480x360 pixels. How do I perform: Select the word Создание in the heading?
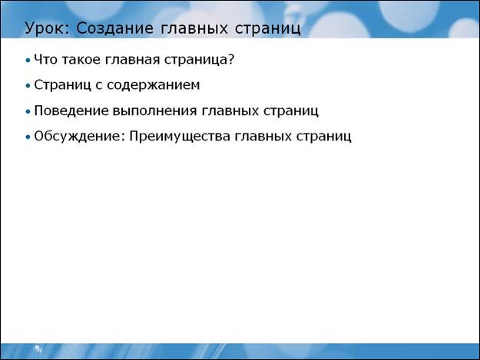pyautogui.click(x=114, y=28)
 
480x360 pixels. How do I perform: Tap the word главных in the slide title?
pyautogui.click(x=194, y=28)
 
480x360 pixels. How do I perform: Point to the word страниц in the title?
pyautogui.click(x=268, y=29)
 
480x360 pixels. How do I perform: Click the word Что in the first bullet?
pyautogui.click(x=45, y=59)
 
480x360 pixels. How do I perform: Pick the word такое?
pyautogui.click(x=81, y=60)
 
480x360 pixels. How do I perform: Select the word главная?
pyautogui.click(x=132, y=60)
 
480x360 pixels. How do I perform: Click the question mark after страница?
pyautogui.click(x=231, y=59)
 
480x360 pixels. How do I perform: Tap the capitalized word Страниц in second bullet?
pyautogui.click(x=62, y=85)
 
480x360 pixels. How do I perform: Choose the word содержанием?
pyautogui.click(x=154, y=85)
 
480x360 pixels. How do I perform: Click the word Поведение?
pyautogui.click(x=71, y=111)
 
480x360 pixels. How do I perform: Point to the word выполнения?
pyautogui.click(x=154, y=111)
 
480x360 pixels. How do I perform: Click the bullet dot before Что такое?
pyautogui.click(x=28, y=61)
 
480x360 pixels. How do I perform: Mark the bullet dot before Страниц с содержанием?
pyautogui.click(x=28, y=86)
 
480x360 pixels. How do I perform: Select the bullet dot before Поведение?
pyautogui.click(x=28, y=112)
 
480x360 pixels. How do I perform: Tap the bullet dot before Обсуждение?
pyautogui.click(x=28, y=137)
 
